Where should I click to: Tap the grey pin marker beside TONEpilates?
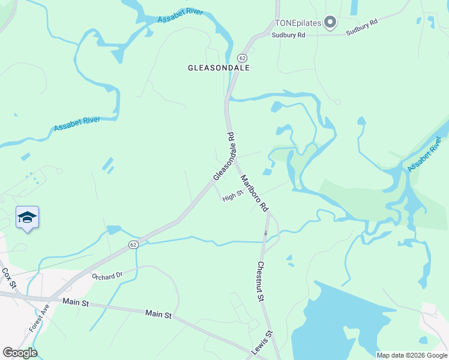[330, 23]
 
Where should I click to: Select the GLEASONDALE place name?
[218, 68]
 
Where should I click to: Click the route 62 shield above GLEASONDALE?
[242, 58]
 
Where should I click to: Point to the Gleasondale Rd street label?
[224, 157]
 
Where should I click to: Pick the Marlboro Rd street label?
[254, 193]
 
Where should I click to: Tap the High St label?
[232, 196]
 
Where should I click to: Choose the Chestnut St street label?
[261, 281]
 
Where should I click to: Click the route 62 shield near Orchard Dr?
[133, 245]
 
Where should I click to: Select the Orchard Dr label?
[107, 276]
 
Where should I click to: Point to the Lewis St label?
[262, 342]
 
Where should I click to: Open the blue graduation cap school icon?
[27, 217]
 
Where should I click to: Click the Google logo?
[20, 353]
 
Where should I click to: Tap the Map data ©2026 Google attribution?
[412, 355]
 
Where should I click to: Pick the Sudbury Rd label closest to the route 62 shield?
[289, 35]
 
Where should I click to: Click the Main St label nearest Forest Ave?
[76, 304]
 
